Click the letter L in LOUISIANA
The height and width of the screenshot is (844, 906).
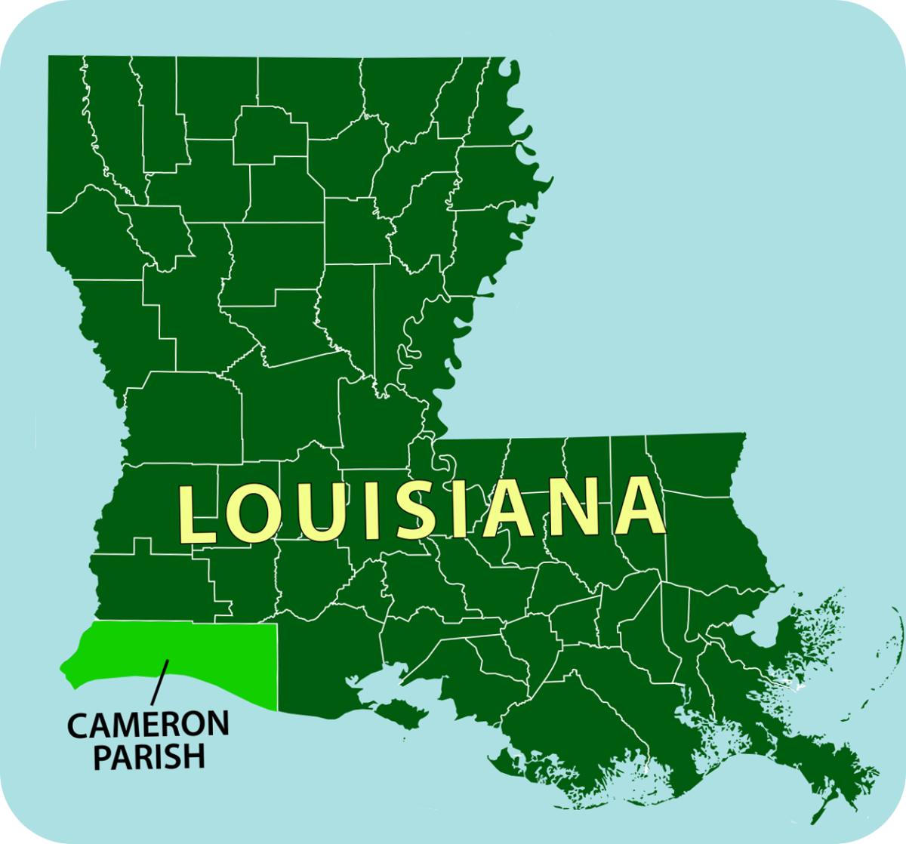[x=195, y=515]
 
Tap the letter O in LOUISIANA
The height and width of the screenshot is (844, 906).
[x=253, y=513]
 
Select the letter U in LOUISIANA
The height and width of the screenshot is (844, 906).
[x=316, y=512]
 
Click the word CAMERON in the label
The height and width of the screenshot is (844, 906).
[x=148, y=725]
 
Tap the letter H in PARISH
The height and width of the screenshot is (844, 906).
[x=193, y=757]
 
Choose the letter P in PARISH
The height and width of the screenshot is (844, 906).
[x=103, y=757]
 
